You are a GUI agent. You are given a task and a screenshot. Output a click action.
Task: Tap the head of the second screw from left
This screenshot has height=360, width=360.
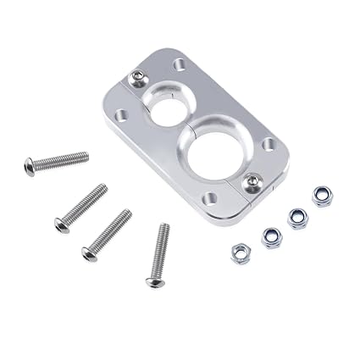pyautogui.click(x=61, y=224)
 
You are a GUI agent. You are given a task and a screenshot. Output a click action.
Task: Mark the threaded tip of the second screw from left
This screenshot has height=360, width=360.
pyautogui.click(x=104, y=187)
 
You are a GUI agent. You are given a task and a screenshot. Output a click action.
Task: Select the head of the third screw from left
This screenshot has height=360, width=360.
pyautogui.click(x=89, y=252)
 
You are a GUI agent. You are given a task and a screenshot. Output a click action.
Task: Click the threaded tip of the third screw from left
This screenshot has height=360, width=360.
pyautogui.click(x=129, y=213)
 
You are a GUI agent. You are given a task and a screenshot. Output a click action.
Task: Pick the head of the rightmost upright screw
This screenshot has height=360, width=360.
pyautogui.click(x=155, y=280)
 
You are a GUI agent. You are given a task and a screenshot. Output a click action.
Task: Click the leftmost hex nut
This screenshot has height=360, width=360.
pyautogui.click(x=241, y=252)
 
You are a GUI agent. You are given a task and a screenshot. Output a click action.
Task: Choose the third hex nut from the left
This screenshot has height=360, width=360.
pyautogui.click(x=297, y=218)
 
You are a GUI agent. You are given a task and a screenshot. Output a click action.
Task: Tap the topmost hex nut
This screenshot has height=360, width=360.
pyautogui.click(x=322, y=196)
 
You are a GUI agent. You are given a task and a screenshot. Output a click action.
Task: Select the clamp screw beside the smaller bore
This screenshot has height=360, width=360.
pyautogui.click(x=138, y=80)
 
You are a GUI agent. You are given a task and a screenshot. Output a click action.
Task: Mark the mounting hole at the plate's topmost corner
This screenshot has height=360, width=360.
pyautogui.click(x=180, y=64)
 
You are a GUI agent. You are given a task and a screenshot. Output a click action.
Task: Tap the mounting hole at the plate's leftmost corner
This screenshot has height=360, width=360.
pyautogui.click(x=122, y=114)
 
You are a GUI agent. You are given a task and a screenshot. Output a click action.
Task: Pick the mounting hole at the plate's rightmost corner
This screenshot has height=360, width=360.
pyautogui.click(x=269, y=145)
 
